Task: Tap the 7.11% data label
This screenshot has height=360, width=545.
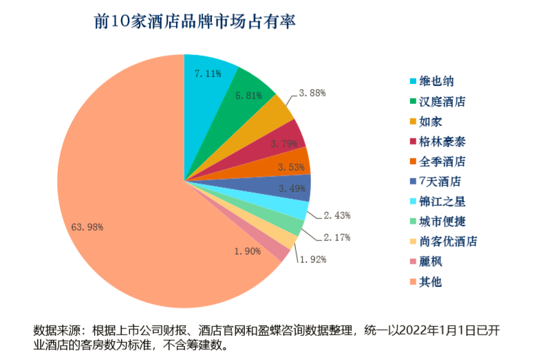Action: pyautogui.click(x=207, y=73)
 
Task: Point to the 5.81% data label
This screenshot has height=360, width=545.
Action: pyautogui.click(x=248, y=96)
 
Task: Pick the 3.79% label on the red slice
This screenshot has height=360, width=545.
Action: pyautogui.click(x=284, y=144)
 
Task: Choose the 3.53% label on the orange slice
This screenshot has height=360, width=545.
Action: pyautogui.click(x=291, y=167)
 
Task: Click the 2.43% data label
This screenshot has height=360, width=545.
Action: pyautogui.click(x=336, y=215)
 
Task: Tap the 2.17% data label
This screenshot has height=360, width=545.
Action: pyautogui.click(x=336, y=237)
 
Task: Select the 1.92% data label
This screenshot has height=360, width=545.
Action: pyautogui.click(x=312, y=260)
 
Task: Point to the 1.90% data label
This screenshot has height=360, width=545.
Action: pyautogui.click(x=247, y=251)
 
